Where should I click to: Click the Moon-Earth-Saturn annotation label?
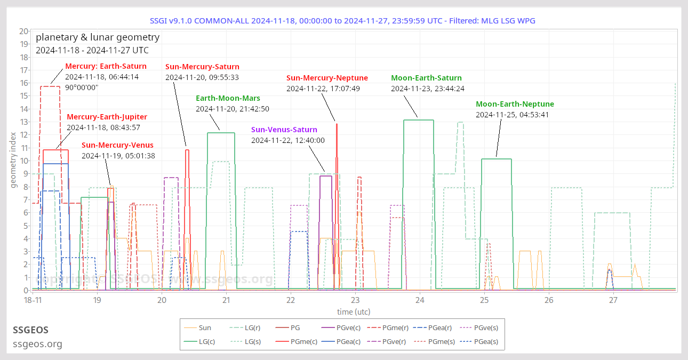pyautogui.click(x=426, y=78)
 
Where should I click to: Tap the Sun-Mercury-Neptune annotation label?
pyautogui.click(x=327, y=78)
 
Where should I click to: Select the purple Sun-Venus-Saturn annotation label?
pyautogui.click(x=284, y=130)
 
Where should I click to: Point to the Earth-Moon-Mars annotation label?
pyautogui.click(x=228, y=98)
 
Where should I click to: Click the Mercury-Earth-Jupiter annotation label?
pyautogui.click(x=107, y=117)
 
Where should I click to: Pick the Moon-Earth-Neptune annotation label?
pyautogui.click(x=515, y=104)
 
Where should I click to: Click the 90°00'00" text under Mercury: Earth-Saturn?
pyautogui.click(x=82, y=87)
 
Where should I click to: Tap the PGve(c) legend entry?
pyautogui.click(x=342, y=328)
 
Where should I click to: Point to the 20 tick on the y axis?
pyautogui.click(x=23, y=31)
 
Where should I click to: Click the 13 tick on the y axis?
pyautogui.click(x=23, y=122)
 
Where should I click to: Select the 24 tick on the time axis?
pyautogui.click(x=420, y=300)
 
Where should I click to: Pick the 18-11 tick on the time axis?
pyautogui.click(x=33, y=300)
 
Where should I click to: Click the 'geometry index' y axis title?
pyautogui.click(x=14, y=161)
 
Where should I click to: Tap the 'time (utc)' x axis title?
pyautogui.click(x=354, y=311)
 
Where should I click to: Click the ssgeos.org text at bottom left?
pyautogui.click(x=37, y=344)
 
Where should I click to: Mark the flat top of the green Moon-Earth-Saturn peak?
pyautogui.click(x=419, y=120)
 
